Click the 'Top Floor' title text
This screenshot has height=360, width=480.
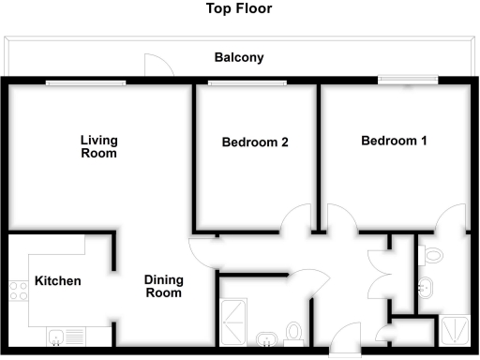tap(239, 9)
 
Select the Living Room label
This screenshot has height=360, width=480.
tap(98, 146)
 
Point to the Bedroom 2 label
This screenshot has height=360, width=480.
tap(254, 142)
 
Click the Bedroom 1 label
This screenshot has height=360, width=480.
tap(395, 141)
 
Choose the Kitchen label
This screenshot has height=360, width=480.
tap(58, 281)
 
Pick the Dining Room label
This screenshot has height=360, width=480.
tap(163, 286)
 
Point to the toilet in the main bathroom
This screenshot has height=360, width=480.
tap(295, 332)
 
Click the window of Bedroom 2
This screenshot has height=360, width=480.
tap(247, 82)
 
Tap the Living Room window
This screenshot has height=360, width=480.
tap(85, 82)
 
